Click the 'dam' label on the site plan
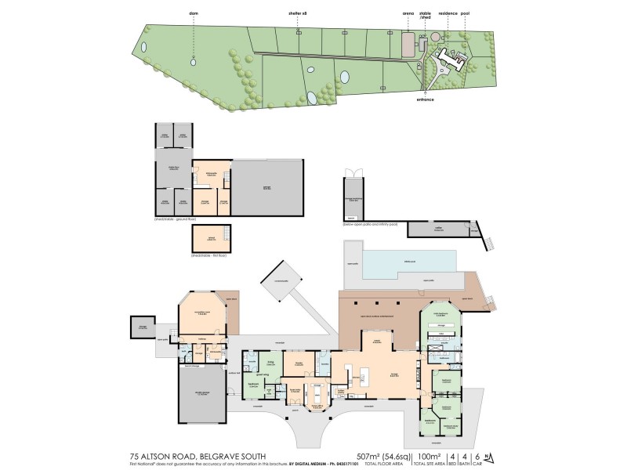(194, 13)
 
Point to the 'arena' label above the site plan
(408, 13)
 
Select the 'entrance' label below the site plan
(426, 99)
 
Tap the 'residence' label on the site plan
(447, 13)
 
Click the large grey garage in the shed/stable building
(266, 188)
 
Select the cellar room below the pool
(439, 229)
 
